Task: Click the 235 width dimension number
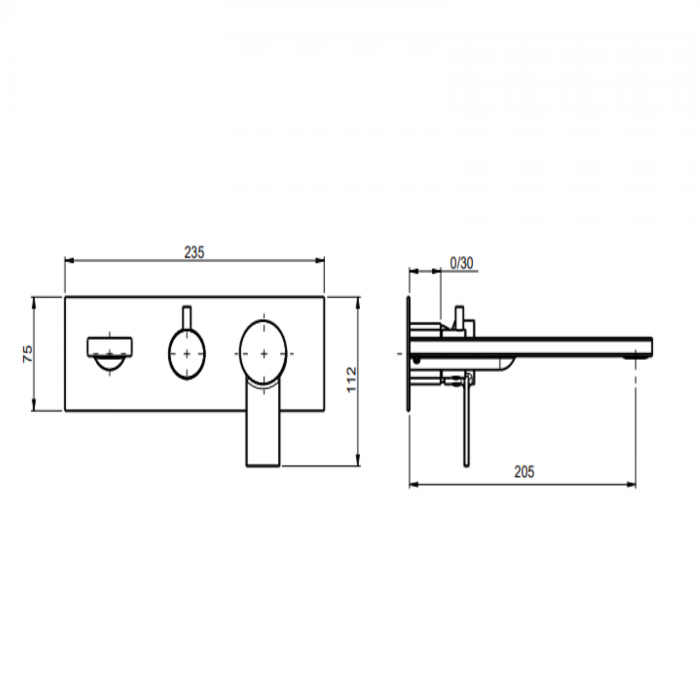pyautogui.click(x=194, y=252)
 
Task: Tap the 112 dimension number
pyautogui.click(x=352, y=380)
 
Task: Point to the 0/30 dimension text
pyautogui.click(x=461, y=263)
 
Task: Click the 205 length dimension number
pyautogui.click(x=524, y=472)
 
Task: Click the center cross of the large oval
pyautogui.click(x=264, y=353)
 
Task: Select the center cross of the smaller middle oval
pyautogui.click(x=187, y=354)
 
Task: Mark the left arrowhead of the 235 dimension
pyautogui.click(x=68, y=261)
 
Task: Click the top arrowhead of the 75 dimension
pyautogui.click(x=33, y=300)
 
